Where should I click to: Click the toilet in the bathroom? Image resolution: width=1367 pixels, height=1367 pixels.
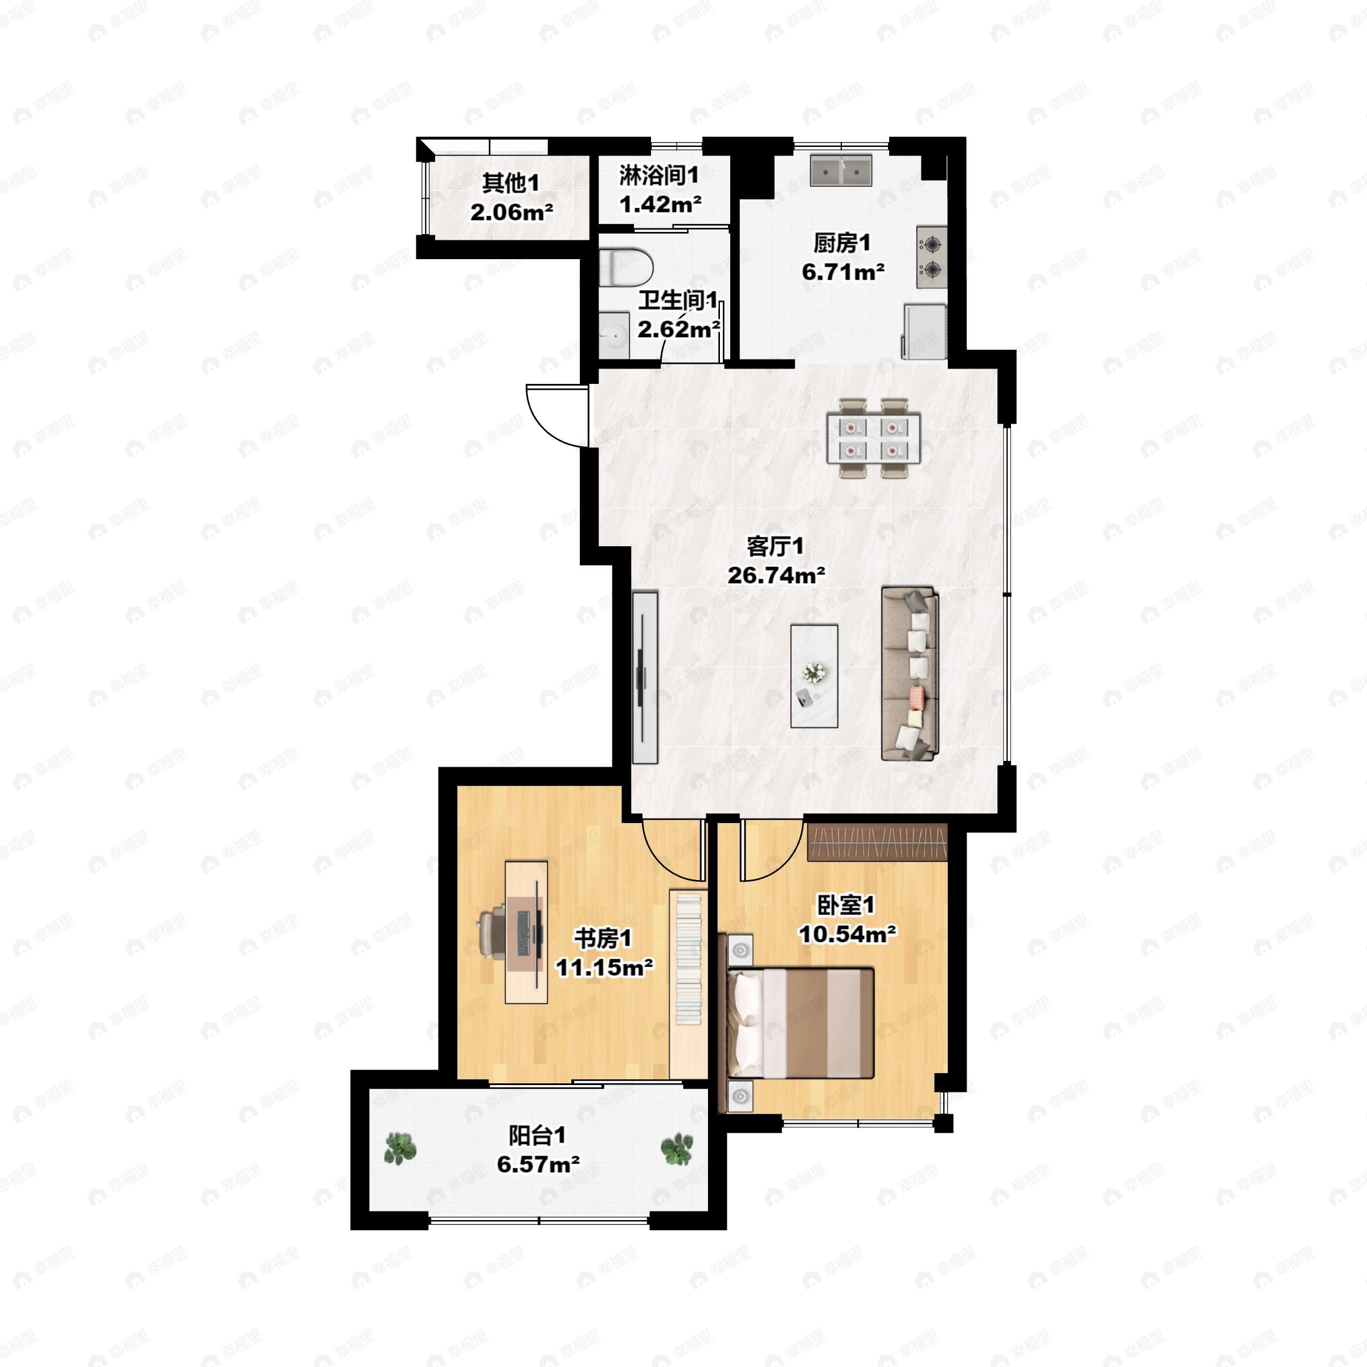[x=625, y=267]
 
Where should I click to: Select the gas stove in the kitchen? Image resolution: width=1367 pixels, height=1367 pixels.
[x=931, y=257]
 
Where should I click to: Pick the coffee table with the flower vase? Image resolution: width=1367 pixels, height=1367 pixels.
[x=814, y=676]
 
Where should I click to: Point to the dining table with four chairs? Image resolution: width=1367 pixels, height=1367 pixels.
[x=874, y=438]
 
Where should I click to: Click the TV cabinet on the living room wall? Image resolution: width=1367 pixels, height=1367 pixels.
[x=645, y=678]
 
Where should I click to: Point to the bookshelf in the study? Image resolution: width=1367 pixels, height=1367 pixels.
[x=687, y=959]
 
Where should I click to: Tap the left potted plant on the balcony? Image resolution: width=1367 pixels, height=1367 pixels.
[x=400, y=1148]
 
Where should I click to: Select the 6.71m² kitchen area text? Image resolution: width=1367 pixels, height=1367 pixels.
[x=843, y=272]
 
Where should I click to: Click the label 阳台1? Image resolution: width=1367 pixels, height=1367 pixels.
[x=538, y=1136]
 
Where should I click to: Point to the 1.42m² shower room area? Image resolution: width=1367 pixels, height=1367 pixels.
[x=660, y=204]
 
